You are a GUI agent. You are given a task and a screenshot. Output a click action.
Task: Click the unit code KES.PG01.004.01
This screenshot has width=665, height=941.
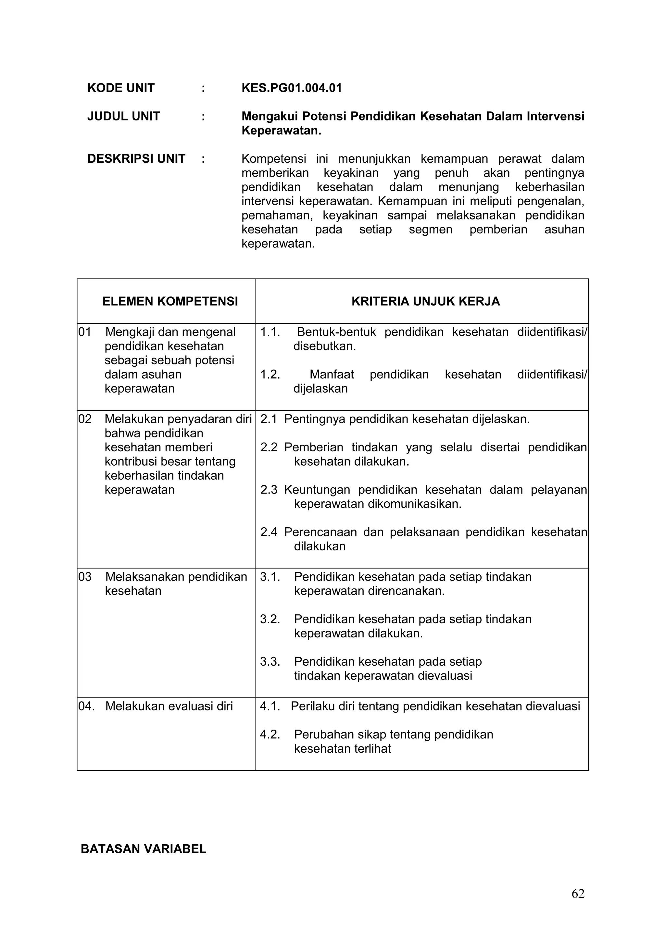point(291,88)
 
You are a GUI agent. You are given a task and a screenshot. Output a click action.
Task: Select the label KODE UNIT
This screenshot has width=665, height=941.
point(121,88)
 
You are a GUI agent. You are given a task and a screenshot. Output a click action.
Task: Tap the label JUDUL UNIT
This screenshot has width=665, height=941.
point(123,116)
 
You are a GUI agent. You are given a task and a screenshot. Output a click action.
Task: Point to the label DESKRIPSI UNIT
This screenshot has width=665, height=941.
point(136,158)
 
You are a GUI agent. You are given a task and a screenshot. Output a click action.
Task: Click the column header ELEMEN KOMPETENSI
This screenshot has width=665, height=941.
point(170,301)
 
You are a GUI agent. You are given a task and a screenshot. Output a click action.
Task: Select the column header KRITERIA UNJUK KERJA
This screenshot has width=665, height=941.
point(425,301)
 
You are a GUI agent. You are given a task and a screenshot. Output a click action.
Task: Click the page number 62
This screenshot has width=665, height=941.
point(578,905)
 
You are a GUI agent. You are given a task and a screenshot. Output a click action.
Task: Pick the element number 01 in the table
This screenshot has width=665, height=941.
point(85,332)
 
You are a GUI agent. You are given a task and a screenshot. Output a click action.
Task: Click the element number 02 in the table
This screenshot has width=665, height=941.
point(85,419)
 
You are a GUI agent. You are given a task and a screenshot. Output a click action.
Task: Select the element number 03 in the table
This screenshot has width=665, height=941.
point(85,577)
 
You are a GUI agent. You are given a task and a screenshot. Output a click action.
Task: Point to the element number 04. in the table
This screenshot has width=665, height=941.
point(86,706)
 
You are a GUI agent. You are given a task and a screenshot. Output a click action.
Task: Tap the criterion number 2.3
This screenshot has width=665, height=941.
point(269,490)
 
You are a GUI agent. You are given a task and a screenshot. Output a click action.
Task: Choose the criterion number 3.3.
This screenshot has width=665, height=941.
point(270,661)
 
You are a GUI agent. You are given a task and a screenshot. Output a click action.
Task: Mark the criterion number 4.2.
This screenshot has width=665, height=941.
point(270,734)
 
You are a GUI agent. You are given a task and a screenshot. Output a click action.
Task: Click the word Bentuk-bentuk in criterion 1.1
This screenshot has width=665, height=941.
point(336,332)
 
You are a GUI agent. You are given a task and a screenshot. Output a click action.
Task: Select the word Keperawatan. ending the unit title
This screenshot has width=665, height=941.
point(281,131)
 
